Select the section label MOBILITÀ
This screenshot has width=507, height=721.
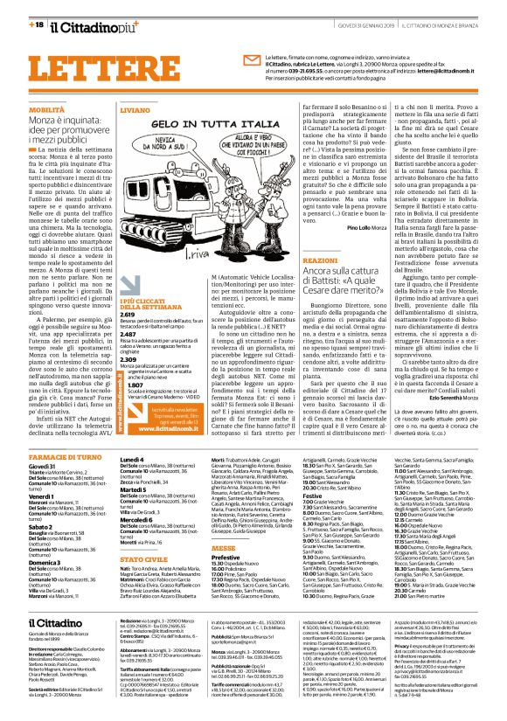click(x=48, y=110)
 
